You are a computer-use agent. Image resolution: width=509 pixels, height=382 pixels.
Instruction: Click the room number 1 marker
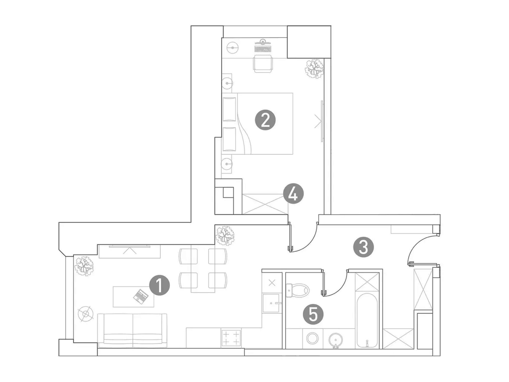(x=160, y=285)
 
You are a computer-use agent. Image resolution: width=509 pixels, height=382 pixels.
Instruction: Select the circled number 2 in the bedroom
(x=265, y=120)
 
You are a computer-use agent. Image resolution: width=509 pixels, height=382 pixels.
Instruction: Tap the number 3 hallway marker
(x=363, y=247)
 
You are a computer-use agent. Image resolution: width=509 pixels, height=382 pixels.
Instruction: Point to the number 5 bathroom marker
(x=313, y=315)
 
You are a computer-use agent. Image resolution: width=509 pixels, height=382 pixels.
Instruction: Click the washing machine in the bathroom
(x=312, y=338)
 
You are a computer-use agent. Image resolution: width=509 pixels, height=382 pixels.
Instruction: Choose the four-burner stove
(x=231, y=338)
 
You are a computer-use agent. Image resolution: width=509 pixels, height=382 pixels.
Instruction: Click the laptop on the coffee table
(x=141, y=296)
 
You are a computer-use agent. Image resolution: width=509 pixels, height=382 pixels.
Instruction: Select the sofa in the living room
(x=132, y=331)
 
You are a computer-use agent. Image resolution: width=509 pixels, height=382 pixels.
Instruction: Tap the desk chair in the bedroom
(x=263, y=63)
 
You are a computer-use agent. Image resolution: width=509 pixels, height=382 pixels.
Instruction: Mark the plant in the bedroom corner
(x=315, y=69)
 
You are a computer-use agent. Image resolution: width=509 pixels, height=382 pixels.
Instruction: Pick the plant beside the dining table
(x=225, y=236)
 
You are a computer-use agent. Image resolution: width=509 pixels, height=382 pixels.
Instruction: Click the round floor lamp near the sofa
(x=86, y=314)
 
